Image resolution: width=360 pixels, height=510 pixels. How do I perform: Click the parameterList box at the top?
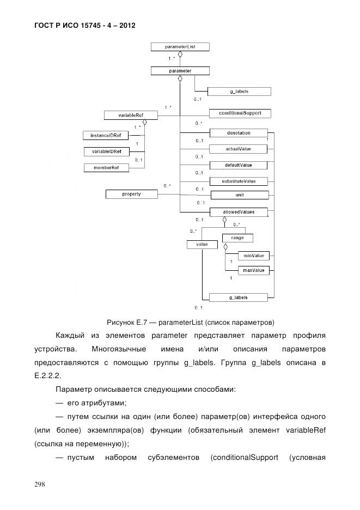point(180,47)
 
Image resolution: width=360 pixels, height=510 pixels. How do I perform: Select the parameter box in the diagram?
point(180,70)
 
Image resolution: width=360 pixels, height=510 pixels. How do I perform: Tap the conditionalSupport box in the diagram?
point(240,113)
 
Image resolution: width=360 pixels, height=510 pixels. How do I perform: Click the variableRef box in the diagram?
point(130,115)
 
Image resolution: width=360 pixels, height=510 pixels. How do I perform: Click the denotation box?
point(239,132)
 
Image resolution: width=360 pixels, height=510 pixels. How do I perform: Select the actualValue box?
point(239,148)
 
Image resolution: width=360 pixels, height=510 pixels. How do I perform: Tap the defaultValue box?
point(239,165)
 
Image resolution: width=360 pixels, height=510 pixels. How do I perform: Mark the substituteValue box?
point(239,181)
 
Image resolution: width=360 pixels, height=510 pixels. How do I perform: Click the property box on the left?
point(131,193)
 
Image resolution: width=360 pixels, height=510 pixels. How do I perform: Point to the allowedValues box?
point(239,211)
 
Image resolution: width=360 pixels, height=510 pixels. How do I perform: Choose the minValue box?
point(253,255)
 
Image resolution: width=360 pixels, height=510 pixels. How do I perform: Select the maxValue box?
point(253,270)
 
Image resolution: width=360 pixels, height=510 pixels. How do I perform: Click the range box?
point(237,238)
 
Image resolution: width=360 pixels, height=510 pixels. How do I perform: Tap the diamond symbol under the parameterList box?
point(180,54)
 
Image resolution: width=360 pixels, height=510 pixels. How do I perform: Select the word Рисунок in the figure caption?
point(120,321)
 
